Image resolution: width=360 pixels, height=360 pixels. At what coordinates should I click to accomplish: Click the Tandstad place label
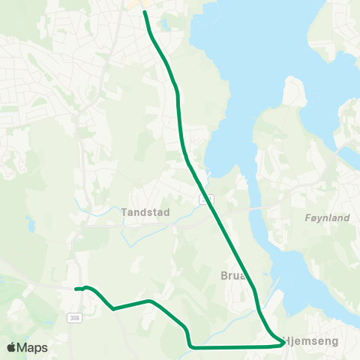(x=145, y=212)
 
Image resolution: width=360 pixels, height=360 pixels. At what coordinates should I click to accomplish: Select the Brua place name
(x=232, y=274)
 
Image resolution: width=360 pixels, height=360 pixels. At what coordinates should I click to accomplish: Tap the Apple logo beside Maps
(x=12, y=347)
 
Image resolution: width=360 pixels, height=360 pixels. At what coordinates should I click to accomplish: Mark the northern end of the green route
(x=145, y=13)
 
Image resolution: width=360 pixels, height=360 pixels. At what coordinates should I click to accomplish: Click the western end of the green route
(x=76, y=289)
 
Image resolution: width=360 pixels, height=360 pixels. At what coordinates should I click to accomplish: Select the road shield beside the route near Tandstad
(x=205, y=199)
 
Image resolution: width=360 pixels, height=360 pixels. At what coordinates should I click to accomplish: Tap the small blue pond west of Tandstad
(x=31, y=224)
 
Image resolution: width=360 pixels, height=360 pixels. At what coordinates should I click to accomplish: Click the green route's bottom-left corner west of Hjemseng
(x=191, y=346)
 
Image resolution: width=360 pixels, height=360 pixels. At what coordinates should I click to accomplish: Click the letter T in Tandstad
(x=124, y=212)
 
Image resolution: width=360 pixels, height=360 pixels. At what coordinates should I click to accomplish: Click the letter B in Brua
(x=223, y=274)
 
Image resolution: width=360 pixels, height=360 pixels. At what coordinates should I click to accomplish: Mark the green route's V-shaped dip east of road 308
(x=112, y=308)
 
